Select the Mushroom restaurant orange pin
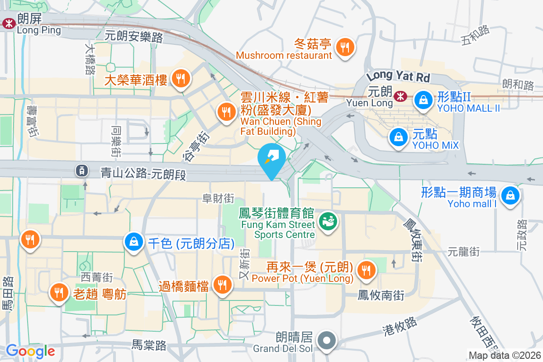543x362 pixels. [345, 47]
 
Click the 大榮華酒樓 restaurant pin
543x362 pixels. [181, 79]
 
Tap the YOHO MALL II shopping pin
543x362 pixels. [423, 100]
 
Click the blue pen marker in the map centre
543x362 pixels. [271, 158]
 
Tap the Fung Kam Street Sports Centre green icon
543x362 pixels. [326, 222]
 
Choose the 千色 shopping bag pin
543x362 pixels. [134, 242]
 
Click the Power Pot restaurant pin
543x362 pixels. [365, 270]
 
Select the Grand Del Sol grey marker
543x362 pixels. [326, 340]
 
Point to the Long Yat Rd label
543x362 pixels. [398, 76]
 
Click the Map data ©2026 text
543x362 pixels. [505, 356]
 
